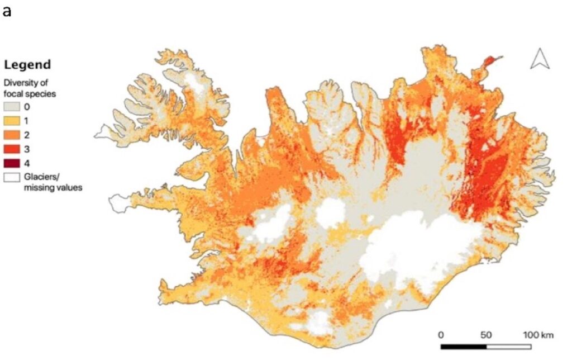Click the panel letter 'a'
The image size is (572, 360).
pyautogui.click(x=7, y=11)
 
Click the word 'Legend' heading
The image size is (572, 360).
pyautogui.click(x=27, y=64)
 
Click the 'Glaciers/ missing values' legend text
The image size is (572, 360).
pyautogui.click(x=53, y=182)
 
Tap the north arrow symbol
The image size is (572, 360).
pyautogui.click(x=540, y=59)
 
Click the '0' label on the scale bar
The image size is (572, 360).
pyautogui.click(x=441, y=335)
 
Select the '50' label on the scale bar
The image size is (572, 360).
pyautogui.click(x=485, y=335)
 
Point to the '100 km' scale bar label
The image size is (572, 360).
pyautogui.click(x=538, y=335)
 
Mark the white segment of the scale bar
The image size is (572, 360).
pyautogui.click(x=508, y=347)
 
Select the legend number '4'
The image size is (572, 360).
pyautogui.click(x=26, y=163)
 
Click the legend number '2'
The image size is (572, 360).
pyautogui.click(x=26, y=135)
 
